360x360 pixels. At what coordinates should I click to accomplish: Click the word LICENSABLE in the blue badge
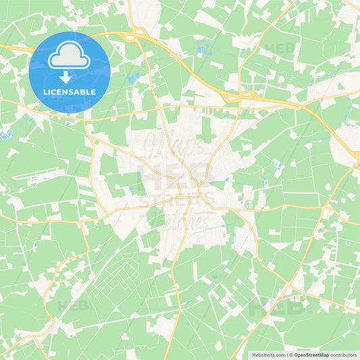pyautogui.click(x=70, y=92)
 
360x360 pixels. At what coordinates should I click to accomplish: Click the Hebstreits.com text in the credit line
pyautogui.click(x=269, y=354)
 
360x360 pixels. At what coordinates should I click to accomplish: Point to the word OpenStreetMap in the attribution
pyautogui.click(x=311, y=354)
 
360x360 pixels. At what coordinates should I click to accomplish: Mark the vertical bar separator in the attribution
pyautogui.click(x=288, y=354)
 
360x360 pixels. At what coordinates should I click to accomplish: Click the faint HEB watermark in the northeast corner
pyautogui.click(x=279, y=49)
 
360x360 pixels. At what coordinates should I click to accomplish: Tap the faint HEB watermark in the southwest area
pyautogui.click(x=73, y=306)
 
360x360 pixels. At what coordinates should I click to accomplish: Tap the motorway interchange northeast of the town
pyautogui.click(x=232, y=99)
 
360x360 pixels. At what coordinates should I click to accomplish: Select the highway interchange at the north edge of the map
pyautogui.click(x=137, y=32)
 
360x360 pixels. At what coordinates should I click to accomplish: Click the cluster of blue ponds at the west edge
pyautogui.click(x=7, y=134)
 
